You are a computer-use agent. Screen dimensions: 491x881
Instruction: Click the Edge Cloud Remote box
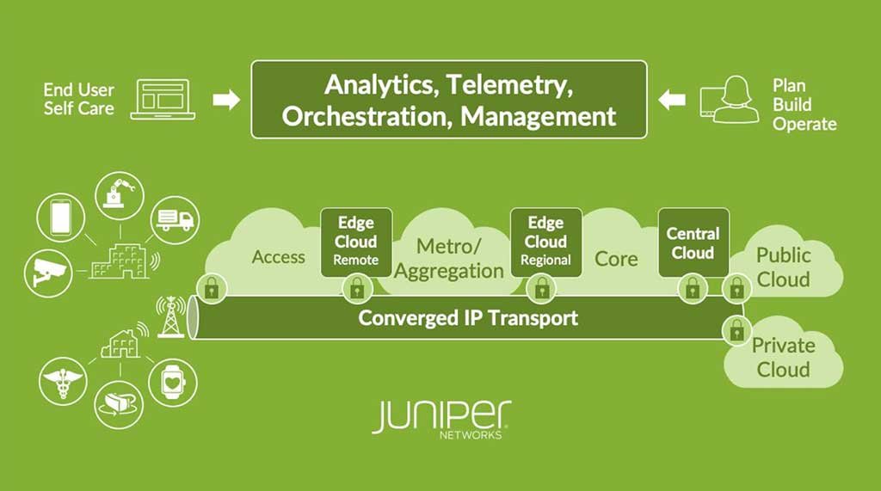click(x=356, y=242)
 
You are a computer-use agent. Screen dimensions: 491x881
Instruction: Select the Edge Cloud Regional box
click(x=545, y=242)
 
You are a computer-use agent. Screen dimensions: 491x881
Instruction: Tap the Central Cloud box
click(x=693, y=242)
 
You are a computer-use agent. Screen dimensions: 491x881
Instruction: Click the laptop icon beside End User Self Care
click(x=163, y=100)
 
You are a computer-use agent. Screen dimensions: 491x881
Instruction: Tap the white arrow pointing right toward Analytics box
click(x=225, y=100)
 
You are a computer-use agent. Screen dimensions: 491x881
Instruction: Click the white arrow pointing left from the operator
click(x=671, y=100)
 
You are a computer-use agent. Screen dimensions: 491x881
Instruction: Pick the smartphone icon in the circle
click(x=60, y=216)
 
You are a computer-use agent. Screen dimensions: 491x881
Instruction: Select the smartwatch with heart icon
click(x=173, y=382)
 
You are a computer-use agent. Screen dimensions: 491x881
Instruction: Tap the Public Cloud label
click(x=783, y=267)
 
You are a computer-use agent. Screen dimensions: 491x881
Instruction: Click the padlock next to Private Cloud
click(x=736, y=329)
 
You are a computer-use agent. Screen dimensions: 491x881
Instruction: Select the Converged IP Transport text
click(x=468, y=318)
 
